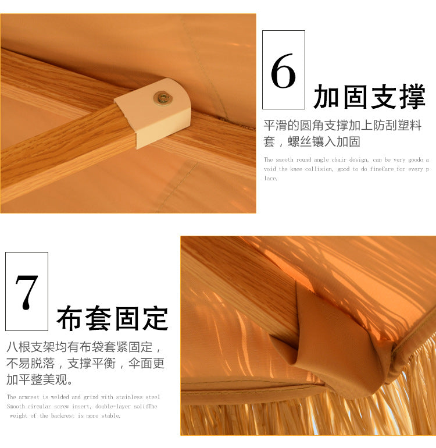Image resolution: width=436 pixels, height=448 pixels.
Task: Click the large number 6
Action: pos(283,70)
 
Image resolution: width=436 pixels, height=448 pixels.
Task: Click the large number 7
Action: pos(27,292)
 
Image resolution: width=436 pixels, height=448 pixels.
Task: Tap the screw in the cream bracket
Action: pos(162,98)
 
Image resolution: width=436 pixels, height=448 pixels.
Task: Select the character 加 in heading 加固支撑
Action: pos(326,97)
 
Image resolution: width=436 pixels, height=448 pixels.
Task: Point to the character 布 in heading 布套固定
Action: pos(69,318)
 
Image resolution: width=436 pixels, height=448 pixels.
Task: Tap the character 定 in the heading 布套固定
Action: pos(156,318)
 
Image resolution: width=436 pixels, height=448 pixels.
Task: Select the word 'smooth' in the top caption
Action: pos(285,160)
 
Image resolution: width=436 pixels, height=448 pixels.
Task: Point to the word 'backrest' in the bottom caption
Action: pos(63,416)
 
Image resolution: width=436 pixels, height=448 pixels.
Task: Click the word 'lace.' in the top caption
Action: pos(270,178)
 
